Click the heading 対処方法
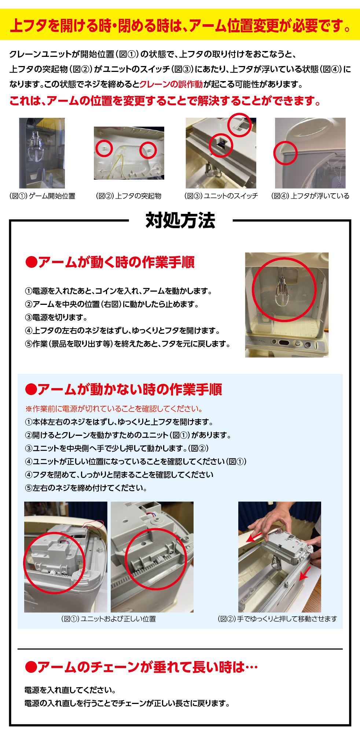180,220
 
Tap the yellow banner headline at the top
180,26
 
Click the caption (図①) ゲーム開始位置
42,196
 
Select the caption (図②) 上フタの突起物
129,196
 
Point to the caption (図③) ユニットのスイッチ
221,196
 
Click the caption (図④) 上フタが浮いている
310,196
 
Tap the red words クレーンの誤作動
171,84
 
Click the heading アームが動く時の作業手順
110,262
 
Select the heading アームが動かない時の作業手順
124,389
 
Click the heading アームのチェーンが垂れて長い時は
142,667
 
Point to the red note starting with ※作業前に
114,409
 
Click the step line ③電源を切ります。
56,317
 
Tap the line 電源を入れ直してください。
70,690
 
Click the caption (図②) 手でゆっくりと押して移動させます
278,619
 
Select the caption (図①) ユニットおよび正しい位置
109,619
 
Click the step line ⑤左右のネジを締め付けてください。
86,488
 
